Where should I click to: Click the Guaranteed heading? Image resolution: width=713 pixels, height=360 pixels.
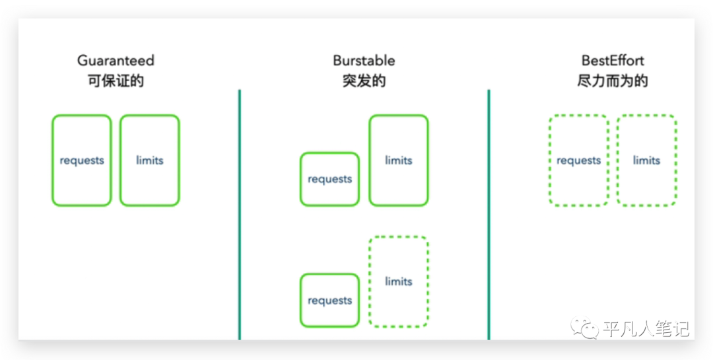(116, 61)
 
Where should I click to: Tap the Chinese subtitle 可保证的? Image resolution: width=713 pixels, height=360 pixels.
(116, 81)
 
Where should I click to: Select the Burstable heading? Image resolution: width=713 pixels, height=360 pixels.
(364, 61)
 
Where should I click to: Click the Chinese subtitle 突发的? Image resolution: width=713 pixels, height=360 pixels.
(364, 81)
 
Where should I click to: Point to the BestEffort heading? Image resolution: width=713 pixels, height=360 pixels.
(613, 61)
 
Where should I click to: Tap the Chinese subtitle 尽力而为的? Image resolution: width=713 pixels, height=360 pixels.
(613, 81)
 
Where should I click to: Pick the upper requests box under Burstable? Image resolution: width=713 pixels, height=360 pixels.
(330, 179)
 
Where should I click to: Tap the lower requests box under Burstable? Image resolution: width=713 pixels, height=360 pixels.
(330, 301)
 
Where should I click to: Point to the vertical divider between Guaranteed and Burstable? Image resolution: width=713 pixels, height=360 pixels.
(240, 215)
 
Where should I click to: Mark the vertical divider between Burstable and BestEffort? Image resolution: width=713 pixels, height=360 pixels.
(489, 215)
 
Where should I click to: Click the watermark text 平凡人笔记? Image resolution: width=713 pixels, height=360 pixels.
(646, 328)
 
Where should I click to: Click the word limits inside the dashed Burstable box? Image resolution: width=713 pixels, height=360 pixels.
(398, 281)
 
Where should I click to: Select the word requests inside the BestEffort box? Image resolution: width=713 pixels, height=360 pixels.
(578, 161)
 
